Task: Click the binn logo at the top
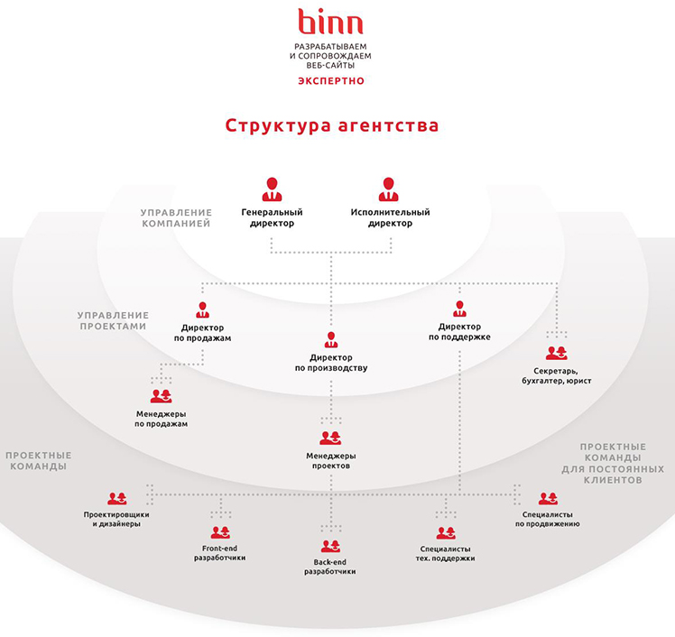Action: coord(330,22)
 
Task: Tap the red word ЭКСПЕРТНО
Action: coord(331,81)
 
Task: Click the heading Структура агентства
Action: coord(332,125)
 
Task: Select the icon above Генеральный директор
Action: coord(272,189)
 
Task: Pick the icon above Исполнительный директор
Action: coord(388,189)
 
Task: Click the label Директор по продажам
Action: coord(202,333)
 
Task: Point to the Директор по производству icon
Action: coord(331,339)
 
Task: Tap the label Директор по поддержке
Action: coord(459,332)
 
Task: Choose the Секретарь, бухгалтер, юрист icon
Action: coord(556,353)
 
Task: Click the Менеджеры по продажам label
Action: coord(161,419)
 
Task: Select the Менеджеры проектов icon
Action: coord(330,439)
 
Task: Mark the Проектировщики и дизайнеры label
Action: coord(116,519)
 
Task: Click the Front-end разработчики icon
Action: coord(220,533)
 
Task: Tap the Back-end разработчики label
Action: coord(330,567)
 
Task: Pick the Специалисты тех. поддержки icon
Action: coord(446,533)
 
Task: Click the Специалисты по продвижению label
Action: coord(548,519)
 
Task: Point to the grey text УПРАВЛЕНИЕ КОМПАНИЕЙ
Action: coord(177,217)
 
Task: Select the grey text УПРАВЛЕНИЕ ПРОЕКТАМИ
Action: coord(113,320)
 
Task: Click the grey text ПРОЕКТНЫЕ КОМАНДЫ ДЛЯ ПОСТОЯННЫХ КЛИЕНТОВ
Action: coord(613,463)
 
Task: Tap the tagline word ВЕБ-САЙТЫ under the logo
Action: coord(330,66)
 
